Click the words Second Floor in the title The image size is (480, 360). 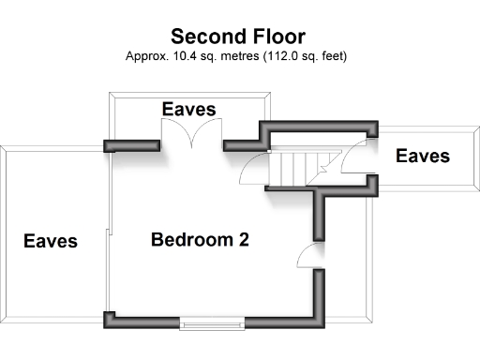tap(237, 37)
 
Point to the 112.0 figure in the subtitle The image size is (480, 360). tap(293, 56)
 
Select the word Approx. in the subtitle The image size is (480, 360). tap(145, 56)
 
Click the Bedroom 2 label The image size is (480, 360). tap(200, 240)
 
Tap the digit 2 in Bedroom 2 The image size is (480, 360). tap(243, 240)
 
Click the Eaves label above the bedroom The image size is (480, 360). tap(188, 110)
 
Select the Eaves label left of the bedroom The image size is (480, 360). tap(51, 241)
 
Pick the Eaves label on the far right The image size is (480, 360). tap(423, 156)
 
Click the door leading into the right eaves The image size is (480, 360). tap(358, 159)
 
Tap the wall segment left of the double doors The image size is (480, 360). tap(131, 145)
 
